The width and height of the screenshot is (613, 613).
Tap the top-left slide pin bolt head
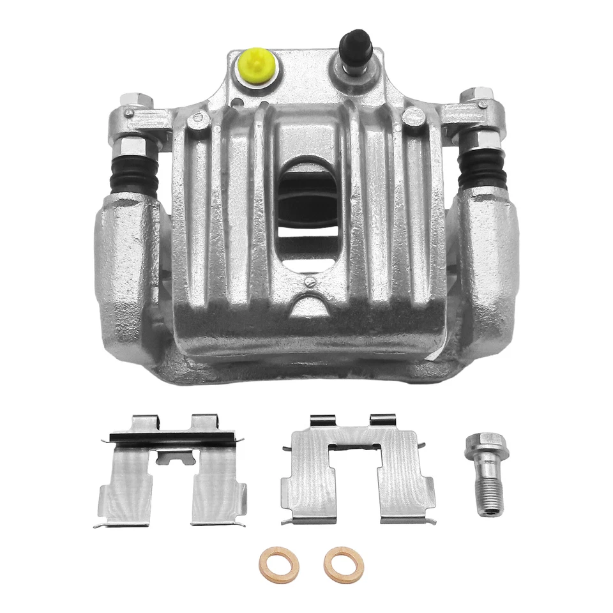pos(135,102)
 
